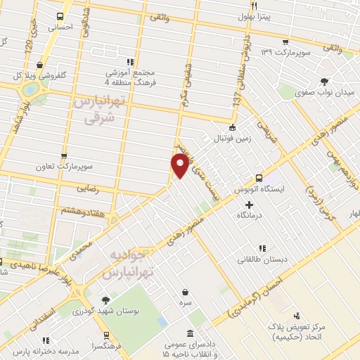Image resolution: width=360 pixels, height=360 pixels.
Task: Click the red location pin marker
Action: coord(180,166)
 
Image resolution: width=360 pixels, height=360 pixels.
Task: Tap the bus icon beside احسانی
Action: coord(60,16)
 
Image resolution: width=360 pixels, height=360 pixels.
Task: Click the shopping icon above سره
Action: coord(185,291)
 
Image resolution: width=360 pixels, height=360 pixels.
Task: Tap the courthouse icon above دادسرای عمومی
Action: coord(190,334)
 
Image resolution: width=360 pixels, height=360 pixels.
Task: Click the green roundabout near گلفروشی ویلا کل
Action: coord(31,90)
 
